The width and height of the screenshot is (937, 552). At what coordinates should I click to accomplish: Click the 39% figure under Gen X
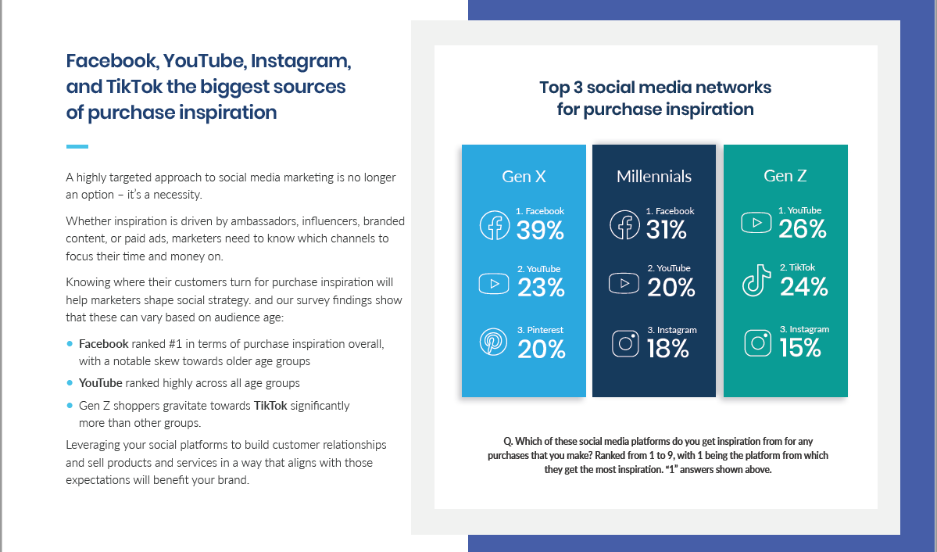(x=540, y=230)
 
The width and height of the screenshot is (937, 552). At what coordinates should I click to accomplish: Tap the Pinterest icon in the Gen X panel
(x=494, y=342)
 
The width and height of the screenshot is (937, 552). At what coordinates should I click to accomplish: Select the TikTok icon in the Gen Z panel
(x=756, y=281)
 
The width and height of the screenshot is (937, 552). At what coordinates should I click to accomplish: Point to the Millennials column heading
(x=654, y=177)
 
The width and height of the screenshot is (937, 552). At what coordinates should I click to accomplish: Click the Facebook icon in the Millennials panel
(x=624, y=225)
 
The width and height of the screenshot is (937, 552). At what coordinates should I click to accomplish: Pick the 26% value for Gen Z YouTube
(x=802, y=229)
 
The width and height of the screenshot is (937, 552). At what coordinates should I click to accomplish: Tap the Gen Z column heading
(x=785, y=176)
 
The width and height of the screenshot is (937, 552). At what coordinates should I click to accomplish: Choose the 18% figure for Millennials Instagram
(x=667, y=349)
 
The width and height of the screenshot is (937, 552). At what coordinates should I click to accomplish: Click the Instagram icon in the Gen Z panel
(x=758, y=343)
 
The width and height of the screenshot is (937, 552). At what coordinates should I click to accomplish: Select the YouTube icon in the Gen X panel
(x=494, y=284)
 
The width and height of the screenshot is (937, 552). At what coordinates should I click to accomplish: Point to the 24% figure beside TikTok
(x=803, y=287)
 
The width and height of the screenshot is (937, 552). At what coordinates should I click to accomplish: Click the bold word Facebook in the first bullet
(x=103, y=344)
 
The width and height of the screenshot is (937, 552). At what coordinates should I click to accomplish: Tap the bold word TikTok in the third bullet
(x=270, y=406)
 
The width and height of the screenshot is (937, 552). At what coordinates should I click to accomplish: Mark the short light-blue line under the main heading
(x=77, y=146)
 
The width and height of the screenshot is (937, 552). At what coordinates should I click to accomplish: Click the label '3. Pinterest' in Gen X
(x=540, y=330)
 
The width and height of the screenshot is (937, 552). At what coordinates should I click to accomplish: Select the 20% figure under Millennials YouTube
(x=671, y=289)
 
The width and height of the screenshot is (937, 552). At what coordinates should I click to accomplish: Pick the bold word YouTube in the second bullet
(x=100, y=383)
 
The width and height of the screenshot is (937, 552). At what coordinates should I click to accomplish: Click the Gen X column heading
(x=524, y=177)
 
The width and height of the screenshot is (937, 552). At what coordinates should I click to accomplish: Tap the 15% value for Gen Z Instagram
(x=800, y=348)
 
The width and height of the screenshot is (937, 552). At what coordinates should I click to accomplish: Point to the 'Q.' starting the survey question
(x=508, y=441)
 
